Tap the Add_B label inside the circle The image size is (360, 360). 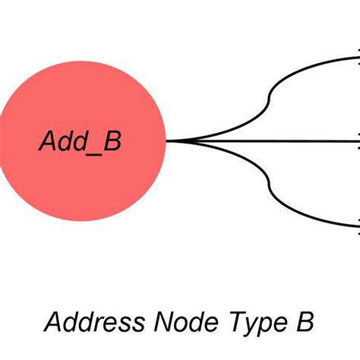coord(80,141)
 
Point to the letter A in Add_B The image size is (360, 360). coord(47,141)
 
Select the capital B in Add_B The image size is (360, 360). coord(112,141)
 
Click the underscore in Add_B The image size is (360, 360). coord(93,150)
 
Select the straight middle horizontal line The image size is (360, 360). coord(266,141)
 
